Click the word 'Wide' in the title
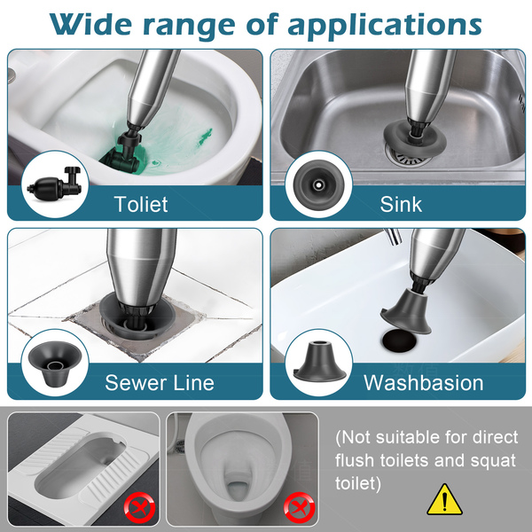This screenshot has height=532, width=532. [90, 24]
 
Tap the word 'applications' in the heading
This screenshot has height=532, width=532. [385, 27]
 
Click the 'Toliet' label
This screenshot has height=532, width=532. [141, 204]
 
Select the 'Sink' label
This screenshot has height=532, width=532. [401, 204]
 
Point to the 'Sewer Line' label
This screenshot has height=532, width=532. [160, 382]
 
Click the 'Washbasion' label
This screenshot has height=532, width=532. [424, 382]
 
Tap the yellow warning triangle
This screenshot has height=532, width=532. [444, 499]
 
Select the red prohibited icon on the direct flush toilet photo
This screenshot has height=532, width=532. [300, 508]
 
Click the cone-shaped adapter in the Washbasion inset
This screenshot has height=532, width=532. [319, 362]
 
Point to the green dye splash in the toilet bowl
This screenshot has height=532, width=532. [205, 137]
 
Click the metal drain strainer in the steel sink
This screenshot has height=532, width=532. [406, 157]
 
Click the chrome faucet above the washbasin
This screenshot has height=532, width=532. [393, 236]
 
